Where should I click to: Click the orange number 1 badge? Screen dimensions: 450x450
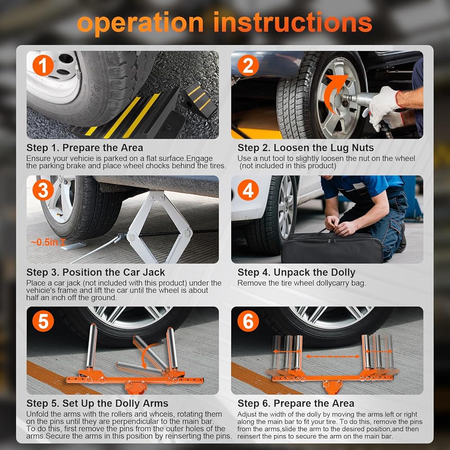tap(43, 65)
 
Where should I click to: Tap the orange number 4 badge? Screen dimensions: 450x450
tap(248, 190)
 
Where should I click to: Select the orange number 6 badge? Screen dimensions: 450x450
tap(248, 321)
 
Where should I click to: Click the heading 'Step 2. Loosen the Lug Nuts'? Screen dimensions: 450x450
tap(306, 148)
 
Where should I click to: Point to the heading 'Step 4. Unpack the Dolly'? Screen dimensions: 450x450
tap(297, 272)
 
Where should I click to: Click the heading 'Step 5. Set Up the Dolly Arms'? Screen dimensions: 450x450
tap(97, 404)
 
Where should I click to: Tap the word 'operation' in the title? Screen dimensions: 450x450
tap(140, 23)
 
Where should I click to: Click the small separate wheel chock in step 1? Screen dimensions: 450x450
tap(198, 99)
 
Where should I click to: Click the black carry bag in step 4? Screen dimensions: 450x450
tap(332, 247)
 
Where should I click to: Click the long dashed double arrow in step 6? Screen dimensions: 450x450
tap(333, 357)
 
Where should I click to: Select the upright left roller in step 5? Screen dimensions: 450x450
tap(92, 346)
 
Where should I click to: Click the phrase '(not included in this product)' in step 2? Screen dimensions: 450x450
tap(288, 166)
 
